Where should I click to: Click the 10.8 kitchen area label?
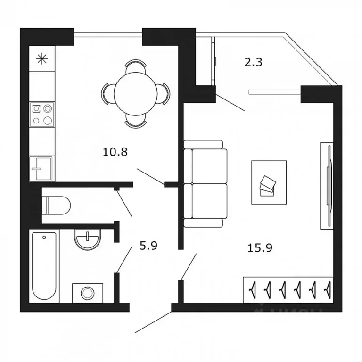coord(115,152)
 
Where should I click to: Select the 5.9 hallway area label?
coord(148,245)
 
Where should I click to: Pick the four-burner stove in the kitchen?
coord(41,115)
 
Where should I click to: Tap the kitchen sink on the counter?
coord(41,168)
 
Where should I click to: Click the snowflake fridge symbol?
coord(42,58)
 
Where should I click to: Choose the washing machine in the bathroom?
coord(87,293)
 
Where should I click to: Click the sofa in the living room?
coord(205,184)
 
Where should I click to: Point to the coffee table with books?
coord(269,183)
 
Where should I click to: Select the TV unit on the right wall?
coord(327,185)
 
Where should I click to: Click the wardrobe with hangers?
coord(288,288)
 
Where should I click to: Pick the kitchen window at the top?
coord(108,33)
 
